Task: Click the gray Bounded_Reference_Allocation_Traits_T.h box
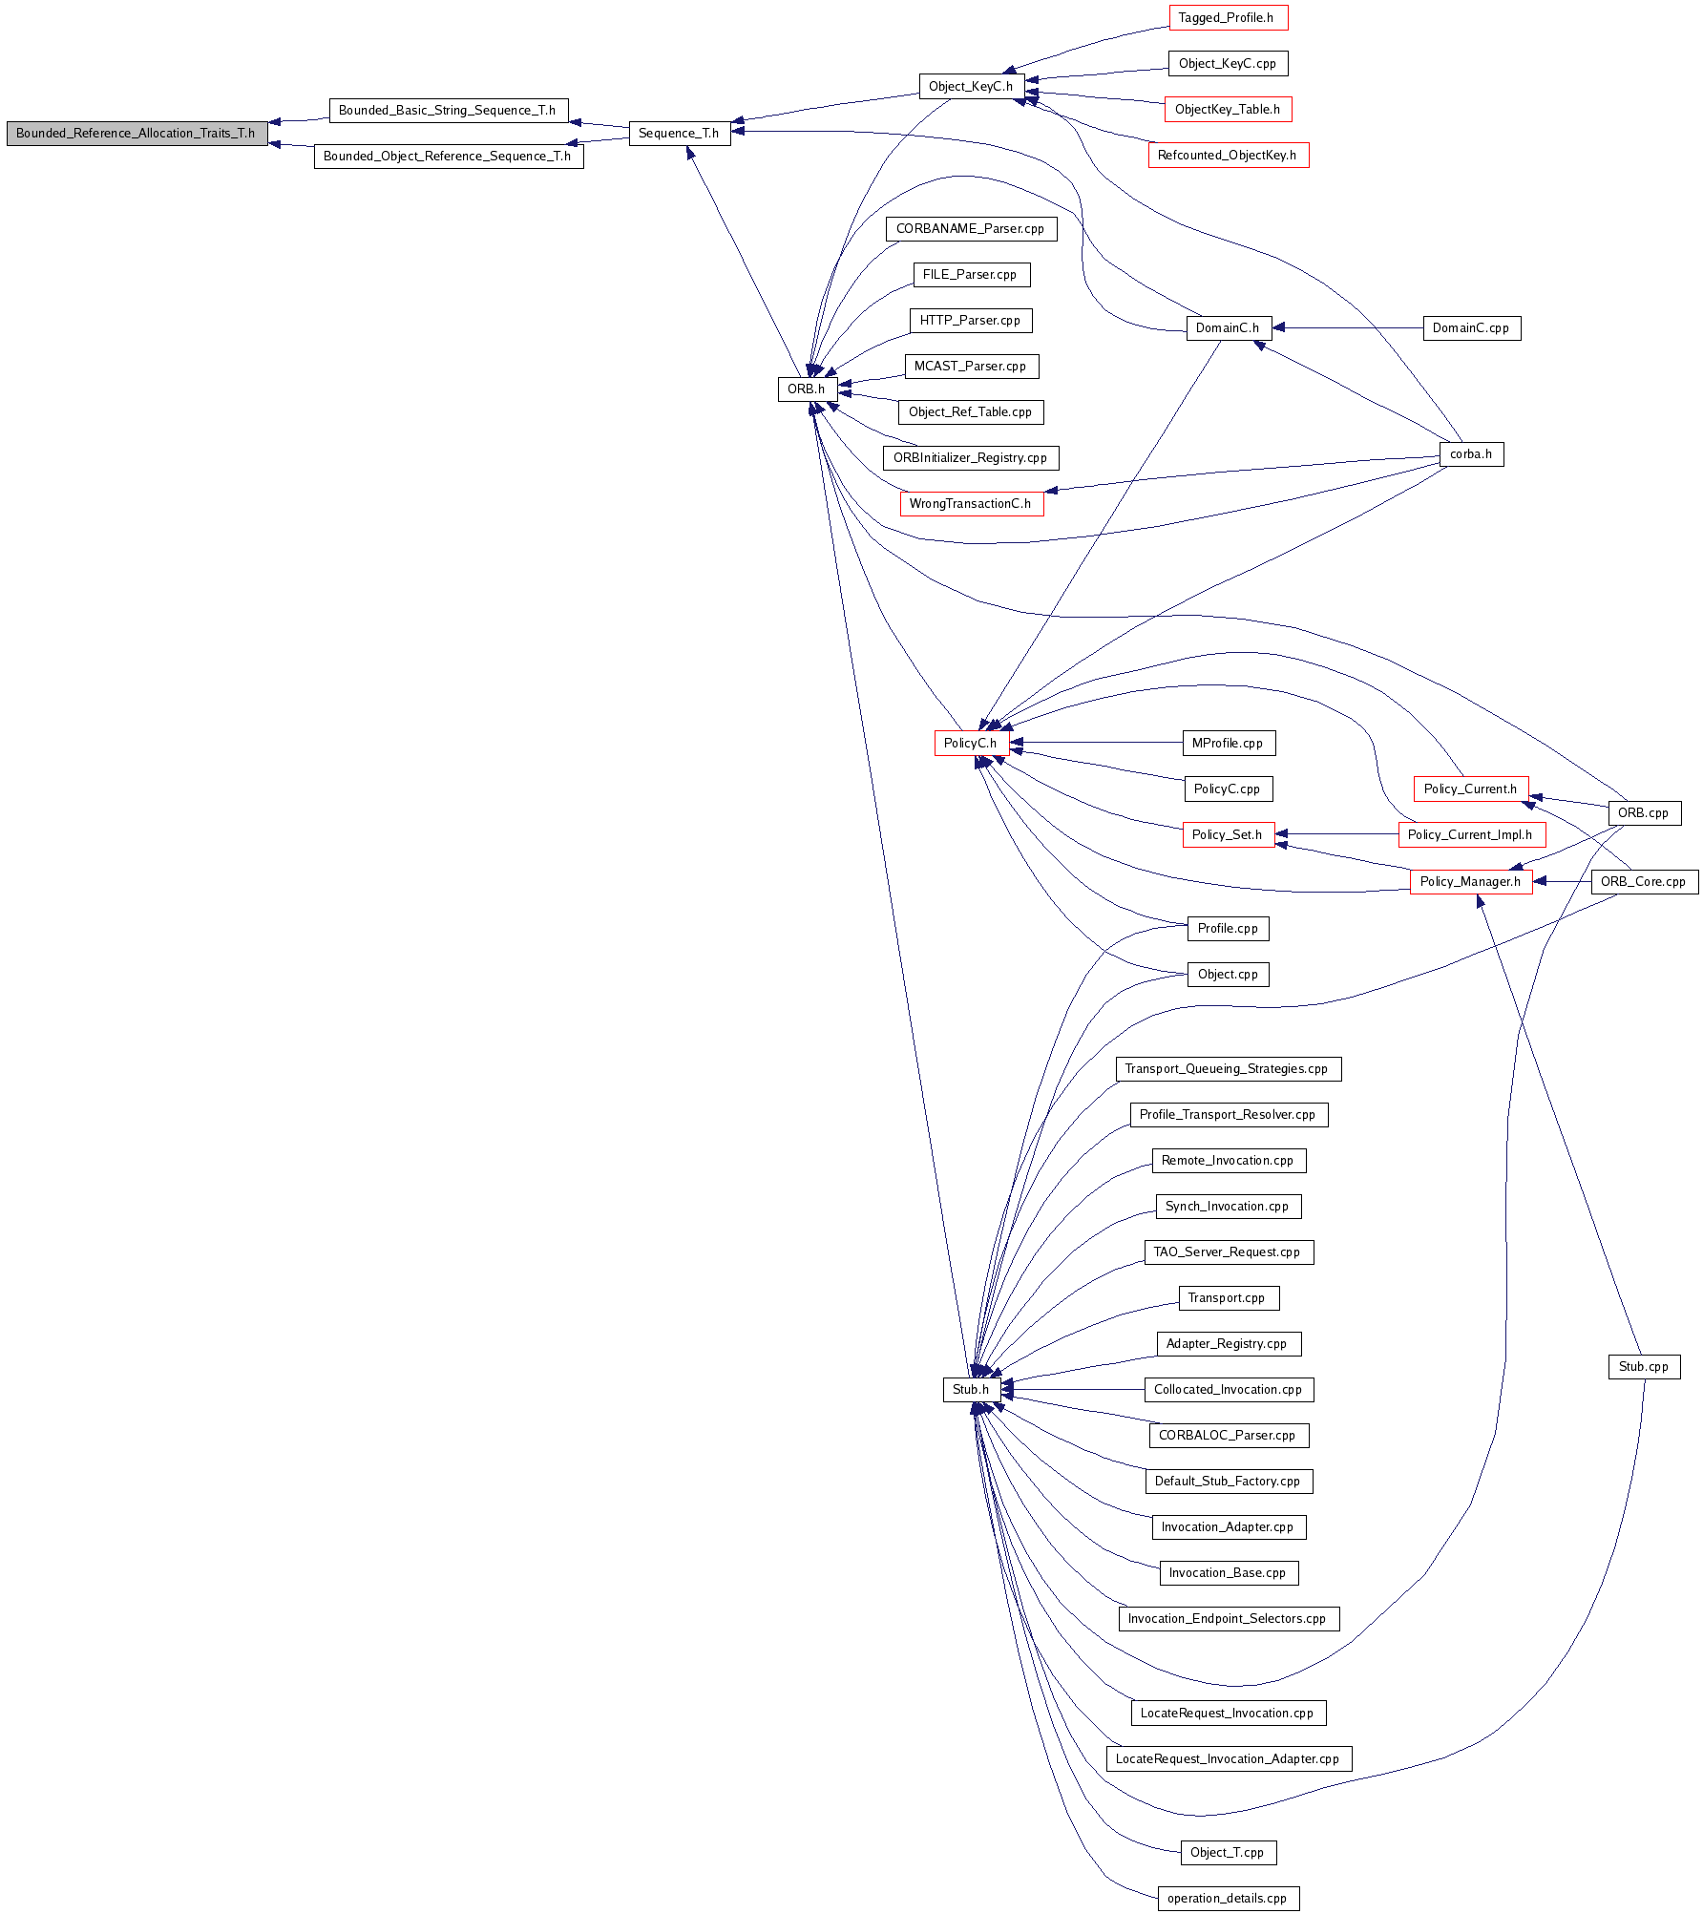pos(137,134)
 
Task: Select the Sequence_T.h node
pos(680,134)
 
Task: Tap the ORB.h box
pos(807,389)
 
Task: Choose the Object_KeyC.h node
pos(971,87)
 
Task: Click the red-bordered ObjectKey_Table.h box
pos(1228,110)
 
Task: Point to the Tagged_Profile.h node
pos(1228,18)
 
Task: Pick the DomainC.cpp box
pos(1471,328)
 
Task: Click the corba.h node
pos(1471,454)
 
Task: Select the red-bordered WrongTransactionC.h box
pos(971,504)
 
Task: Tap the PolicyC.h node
pos(971,744)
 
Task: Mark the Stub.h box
pos(971,1390)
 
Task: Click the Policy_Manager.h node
pos(1471,882)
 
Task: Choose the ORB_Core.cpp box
pos(1644,882)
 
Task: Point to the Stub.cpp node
pos(1644,1367)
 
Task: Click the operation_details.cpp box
pos(1228,1899)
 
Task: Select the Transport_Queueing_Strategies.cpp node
pos(1228,1069)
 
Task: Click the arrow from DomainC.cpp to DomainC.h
pos(1347,328)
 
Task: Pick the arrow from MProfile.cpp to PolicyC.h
pos(1096,743)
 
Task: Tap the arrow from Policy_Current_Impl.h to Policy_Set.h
pos(1336,834)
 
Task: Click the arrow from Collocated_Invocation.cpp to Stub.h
pos(1072,1390)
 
